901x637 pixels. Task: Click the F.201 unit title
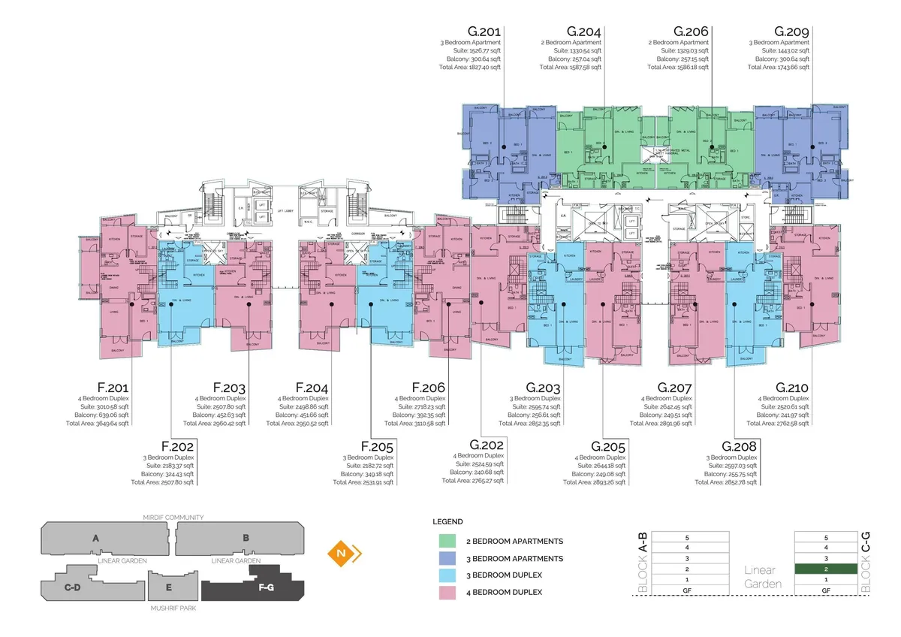pyautogui.click(x=112, y=388)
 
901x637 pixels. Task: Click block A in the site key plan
pyautogui.click(x=95, y=538)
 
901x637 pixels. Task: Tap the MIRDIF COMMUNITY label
pyautogui.click(x=173, y=518)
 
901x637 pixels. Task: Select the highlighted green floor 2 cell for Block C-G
pyautogui.click(x=825, y=569)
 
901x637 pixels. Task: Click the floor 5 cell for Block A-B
pyautogui.click(x=687, y=538)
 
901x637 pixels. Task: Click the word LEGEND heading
pyautogui.click(x=447, y=521)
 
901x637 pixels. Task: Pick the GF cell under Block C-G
pyautogui.click(x=825, y=591)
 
